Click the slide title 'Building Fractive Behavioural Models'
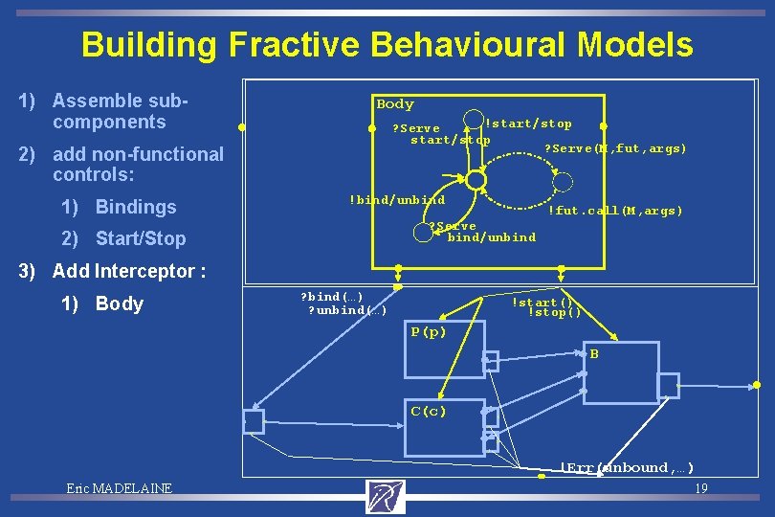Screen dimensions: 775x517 tap(387, 44)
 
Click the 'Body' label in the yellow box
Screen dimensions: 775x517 tap(395, 104)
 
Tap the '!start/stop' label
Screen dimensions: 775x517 tap(528, 124)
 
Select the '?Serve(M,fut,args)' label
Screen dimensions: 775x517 tap(615, 148)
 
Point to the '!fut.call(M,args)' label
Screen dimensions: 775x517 tap(614, 211)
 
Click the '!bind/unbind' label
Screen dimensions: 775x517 tap(396, 199)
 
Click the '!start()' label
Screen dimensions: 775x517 tap(546, 303)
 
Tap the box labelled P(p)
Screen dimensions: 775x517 tap(444, 350)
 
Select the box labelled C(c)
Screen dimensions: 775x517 tap(444, 427)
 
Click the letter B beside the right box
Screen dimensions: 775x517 tap(594, 354)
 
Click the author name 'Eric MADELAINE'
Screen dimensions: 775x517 tap(120, 488)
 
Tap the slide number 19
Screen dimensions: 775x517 tap(700, 488)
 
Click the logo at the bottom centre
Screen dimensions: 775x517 tap(386, 496)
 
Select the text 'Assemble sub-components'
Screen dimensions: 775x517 tap(122, 111)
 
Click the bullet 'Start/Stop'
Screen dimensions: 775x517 tap(141, 238)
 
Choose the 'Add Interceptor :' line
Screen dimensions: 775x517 tap(129, 271)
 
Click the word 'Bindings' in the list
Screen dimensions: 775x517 tap(136, 207)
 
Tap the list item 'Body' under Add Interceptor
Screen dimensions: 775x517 tap(120, 303)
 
